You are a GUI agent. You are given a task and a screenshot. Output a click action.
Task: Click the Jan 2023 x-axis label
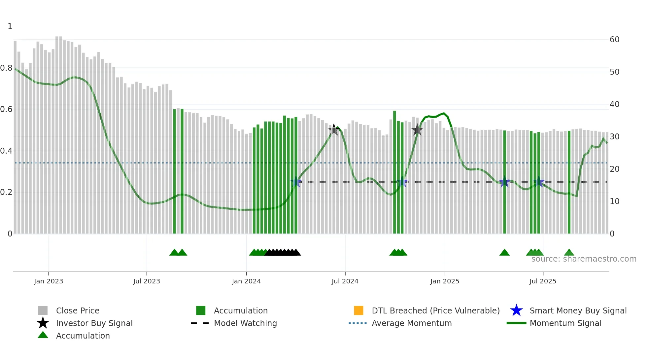[x=48, y=281]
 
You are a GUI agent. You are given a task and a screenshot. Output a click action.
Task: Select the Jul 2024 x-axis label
[x=345, y=281]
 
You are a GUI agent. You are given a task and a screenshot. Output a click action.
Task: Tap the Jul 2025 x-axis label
[x=543, y=281]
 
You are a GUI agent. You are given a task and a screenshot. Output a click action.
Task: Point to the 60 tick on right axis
[x=614, y=40]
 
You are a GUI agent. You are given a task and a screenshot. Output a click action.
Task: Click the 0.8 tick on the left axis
[x=6, y=68]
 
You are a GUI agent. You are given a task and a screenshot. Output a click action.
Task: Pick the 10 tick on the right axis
[x=614, y=201]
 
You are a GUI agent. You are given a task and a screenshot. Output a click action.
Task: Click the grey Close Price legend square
[x=43, y=310]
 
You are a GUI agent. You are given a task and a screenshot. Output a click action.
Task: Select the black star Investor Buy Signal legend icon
[x=43, y=323]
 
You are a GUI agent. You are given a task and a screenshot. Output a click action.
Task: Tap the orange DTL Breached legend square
[x=358, y=310]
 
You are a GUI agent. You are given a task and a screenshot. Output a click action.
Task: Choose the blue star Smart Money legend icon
[x=516, y=310]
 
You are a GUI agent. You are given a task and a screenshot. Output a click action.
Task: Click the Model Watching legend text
[x=245, y=323]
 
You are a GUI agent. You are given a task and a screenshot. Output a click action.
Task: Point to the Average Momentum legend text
[x=412, y=323]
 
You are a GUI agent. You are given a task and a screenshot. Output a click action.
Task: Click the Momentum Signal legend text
[x=565, y=323]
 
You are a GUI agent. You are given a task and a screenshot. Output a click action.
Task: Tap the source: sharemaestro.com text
[x=584, y=259]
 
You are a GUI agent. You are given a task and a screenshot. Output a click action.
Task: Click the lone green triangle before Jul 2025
[x=504, y=253]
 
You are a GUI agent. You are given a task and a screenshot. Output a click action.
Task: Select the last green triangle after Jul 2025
[x=569, y=253]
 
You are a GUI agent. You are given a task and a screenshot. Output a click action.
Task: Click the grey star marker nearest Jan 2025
[x=417, y=130]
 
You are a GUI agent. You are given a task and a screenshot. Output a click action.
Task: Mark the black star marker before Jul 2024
[x=334, y=129]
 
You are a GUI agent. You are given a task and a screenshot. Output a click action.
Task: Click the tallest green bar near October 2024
[x=394, y=172]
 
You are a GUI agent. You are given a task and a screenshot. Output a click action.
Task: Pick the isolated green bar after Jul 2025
[x=569, y=182]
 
